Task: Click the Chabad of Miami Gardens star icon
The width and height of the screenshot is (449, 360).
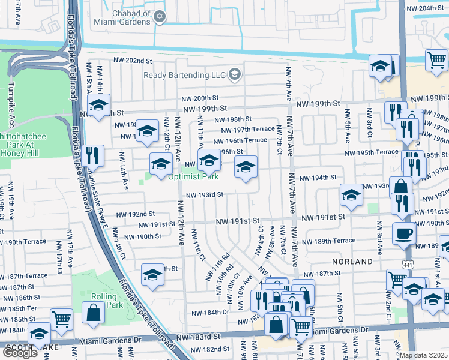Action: tap(160, 16)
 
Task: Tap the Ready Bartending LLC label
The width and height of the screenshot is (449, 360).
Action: tap(184, 75)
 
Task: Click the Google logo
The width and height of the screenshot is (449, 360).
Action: tap(20, 352)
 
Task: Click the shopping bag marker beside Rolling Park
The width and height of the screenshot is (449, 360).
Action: tap(93, 313)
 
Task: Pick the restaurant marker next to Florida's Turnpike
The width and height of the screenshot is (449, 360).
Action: tap(93, 155)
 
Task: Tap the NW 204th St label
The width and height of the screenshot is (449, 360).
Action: tap(427, 8)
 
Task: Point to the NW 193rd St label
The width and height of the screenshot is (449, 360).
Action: tap(204, 195)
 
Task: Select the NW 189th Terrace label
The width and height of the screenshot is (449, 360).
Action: tap(328, 241)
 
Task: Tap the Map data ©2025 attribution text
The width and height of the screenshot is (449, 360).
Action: tap(423, 355)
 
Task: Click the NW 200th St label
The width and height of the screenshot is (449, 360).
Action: tap(202, 98)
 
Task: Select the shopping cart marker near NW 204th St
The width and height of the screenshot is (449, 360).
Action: tap(436, 59)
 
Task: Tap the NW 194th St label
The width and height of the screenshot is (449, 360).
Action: tap(318, 178)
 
